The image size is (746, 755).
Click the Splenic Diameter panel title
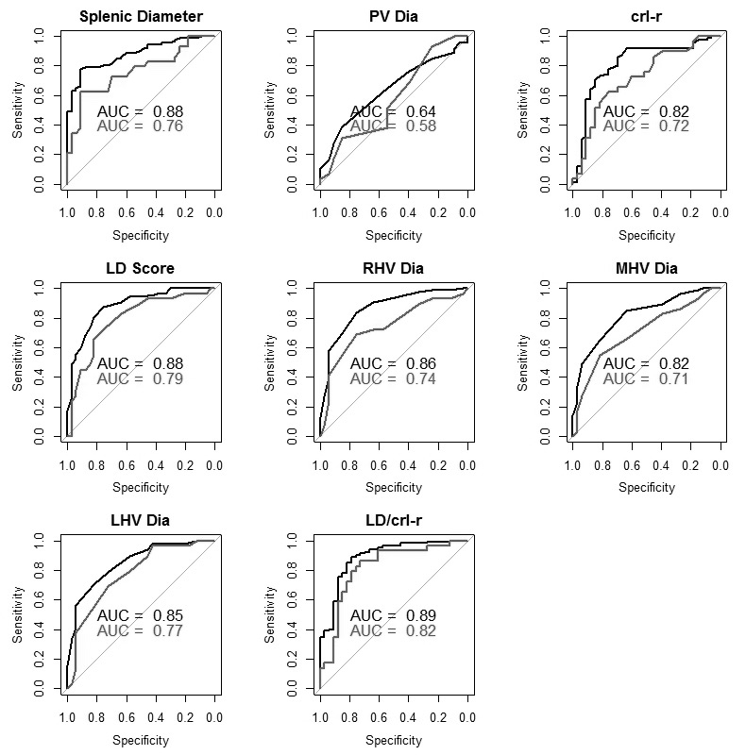coord(141,16)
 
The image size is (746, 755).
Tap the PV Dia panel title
coord(393,16)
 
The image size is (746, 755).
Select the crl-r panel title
coord(646,16)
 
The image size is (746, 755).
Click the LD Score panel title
coord(141,268)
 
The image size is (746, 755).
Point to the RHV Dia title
coord(393,268)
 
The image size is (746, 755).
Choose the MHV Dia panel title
coord(646,268)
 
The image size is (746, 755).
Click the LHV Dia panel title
coord(141,520)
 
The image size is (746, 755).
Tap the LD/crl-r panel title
coord(393,520)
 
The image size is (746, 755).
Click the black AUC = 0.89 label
coord(393,615)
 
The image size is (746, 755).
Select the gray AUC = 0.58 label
coord(393,126)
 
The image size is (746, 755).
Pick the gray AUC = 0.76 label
coord(141,126)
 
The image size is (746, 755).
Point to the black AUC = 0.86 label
coord(393,363)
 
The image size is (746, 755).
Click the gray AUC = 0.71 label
coord(646,378)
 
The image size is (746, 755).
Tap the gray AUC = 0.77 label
coord(141,630)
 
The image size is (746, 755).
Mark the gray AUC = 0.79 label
coord(141,378)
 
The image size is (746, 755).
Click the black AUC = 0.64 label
coord(393,111)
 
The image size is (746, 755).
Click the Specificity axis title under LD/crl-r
coord(393,740)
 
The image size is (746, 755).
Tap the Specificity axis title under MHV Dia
coord(646,488)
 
